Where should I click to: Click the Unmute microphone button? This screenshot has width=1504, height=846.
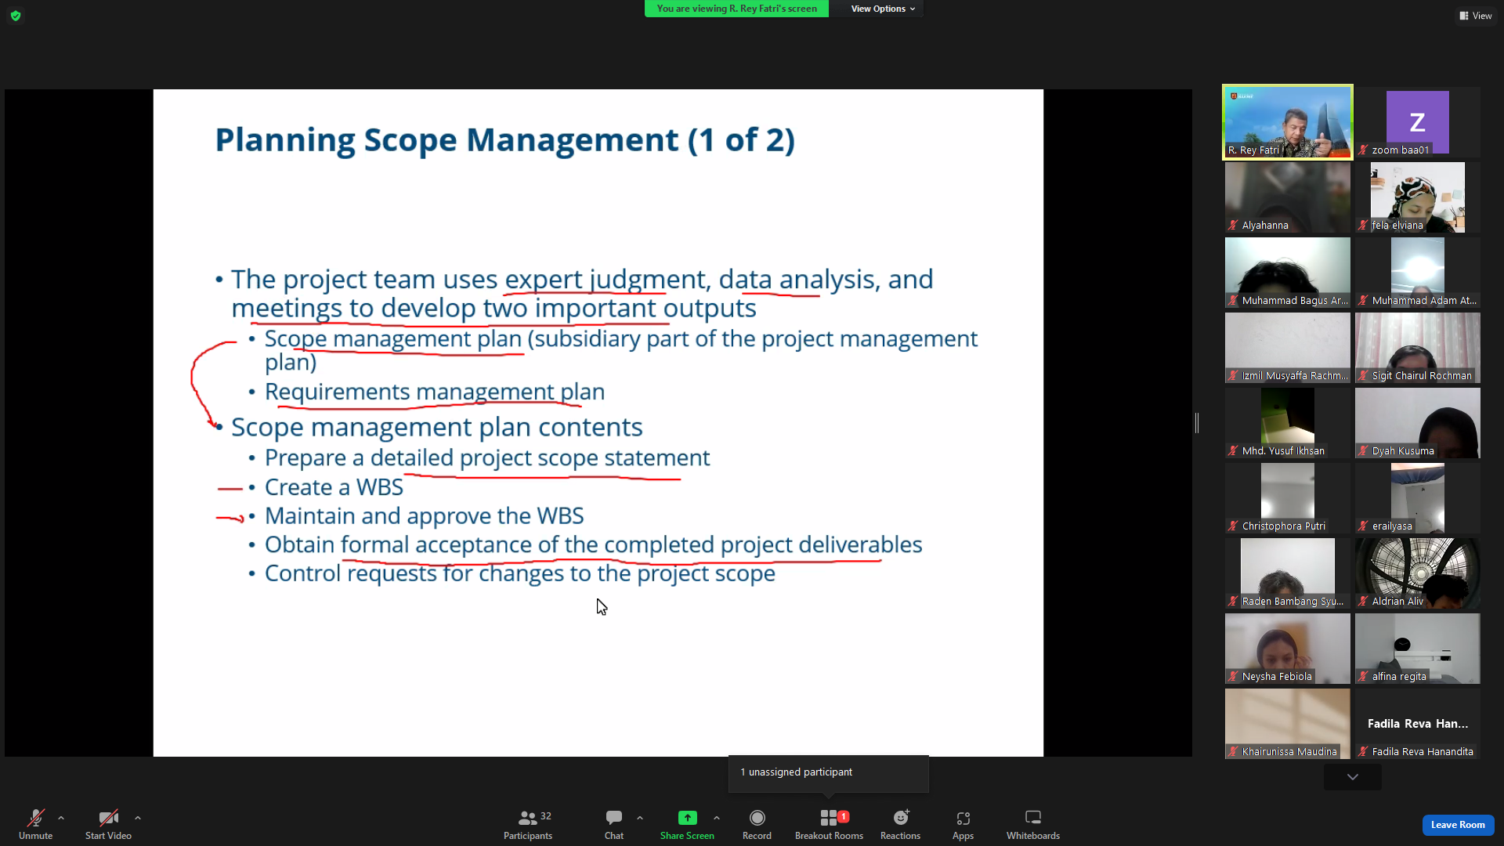pos(35,824)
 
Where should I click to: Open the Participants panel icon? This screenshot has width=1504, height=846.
pos(528,818)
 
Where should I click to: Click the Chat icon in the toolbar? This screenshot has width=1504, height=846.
pos(614,818)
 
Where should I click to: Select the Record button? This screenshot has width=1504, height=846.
pos(757,824)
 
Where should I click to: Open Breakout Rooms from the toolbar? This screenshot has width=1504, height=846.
pos(829,824)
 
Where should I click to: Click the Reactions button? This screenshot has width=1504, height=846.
pos(900,824)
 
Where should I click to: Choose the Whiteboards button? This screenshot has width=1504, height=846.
pos(1033,824)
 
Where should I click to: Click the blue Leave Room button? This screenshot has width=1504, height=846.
pos(1458,825)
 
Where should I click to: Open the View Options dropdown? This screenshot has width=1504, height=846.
pos(883,9)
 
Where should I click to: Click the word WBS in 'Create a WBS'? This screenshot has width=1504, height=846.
pos(380,487)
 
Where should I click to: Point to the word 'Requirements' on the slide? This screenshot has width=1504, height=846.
pos(337,392)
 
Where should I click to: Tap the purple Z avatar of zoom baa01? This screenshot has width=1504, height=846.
pos(1417,122)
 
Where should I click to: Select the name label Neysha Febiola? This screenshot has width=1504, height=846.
pos(1277,677)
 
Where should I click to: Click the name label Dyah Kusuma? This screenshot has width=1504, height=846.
pos(1403,451)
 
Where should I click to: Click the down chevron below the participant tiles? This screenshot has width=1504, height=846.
pos(1353,777)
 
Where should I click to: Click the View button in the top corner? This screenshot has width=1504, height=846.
pos(1476,16)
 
